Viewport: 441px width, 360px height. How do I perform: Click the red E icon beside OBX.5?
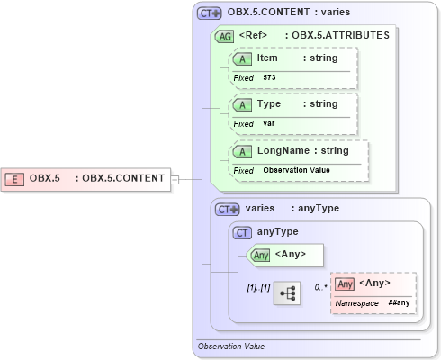15,178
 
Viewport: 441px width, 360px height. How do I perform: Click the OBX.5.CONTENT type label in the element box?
123,178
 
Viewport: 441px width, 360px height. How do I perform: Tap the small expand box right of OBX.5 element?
175,178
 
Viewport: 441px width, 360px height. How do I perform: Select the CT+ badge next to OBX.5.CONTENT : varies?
210,13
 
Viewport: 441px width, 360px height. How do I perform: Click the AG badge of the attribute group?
221,36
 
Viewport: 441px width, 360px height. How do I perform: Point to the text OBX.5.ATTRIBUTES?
337,36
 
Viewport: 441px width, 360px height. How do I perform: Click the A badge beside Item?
242,58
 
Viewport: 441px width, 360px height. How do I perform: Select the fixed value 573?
270,78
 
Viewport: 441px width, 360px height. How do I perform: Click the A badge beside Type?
242,104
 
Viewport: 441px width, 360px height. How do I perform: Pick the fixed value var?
268,124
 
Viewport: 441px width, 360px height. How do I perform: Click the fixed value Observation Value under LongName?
296,170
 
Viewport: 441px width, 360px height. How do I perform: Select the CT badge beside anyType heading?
242,232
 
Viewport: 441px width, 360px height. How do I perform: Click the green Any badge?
261,255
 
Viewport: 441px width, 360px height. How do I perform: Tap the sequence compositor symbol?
287,293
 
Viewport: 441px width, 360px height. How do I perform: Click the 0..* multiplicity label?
320,286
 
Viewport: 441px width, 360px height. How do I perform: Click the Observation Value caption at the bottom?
231,346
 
